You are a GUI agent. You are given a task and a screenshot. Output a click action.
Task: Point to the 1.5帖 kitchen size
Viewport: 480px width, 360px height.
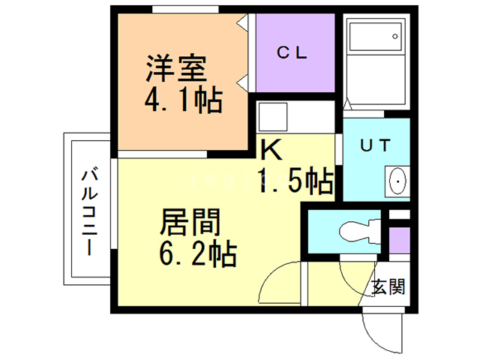click(x=295, y=180)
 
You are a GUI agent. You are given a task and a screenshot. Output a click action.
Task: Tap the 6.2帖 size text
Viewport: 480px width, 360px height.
click(x=197, y=253)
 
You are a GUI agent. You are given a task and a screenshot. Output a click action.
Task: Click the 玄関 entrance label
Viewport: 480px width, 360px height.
click(x=388, y=286)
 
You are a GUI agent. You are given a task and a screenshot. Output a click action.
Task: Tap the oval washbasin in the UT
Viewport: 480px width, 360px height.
click(x=397, y=181)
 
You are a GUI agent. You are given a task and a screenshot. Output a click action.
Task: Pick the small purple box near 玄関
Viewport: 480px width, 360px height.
click(x=400, y=239)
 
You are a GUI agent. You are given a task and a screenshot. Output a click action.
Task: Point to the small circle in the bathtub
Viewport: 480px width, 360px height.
click(x=394, y=36)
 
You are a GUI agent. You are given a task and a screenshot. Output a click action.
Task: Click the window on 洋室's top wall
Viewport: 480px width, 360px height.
click(x=184, y=10)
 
